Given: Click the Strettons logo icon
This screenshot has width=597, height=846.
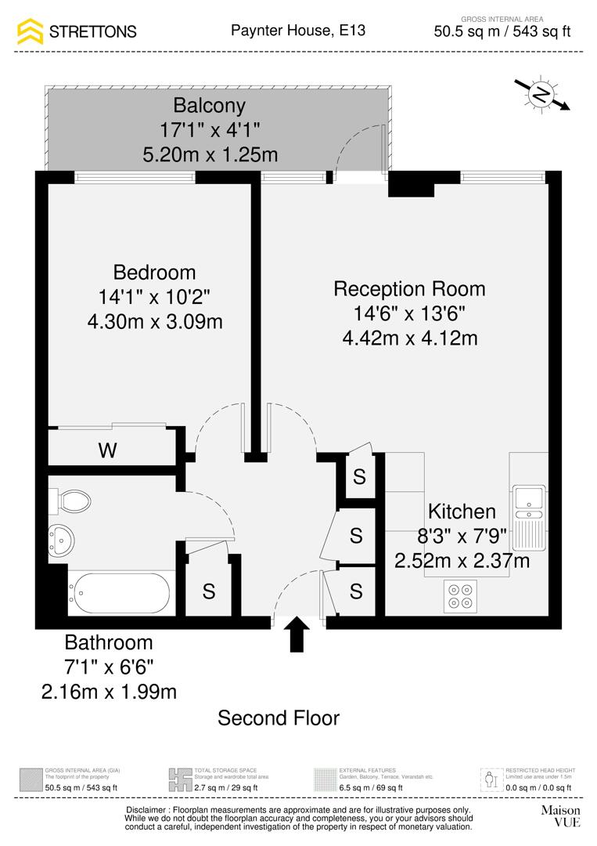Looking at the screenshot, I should click(x=31, y=31).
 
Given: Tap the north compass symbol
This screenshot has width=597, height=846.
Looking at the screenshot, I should click(x=541, y=95).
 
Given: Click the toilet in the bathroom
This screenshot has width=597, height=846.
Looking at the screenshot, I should click(x=72, y=499).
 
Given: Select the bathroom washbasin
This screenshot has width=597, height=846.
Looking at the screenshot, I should click(x=61, y=538).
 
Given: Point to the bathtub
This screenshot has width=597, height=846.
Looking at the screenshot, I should click(x=118, y=594).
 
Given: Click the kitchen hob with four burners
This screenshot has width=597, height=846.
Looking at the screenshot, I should click(x=458, y=595).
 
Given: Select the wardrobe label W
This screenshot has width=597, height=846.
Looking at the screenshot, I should click(x=108, y=450).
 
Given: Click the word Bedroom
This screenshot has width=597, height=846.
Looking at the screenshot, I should click(x=154, y=273).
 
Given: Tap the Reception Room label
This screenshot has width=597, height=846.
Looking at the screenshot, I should click(x=409, y=288).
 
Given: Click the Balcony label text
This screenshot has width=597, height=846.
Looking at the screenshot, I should click(x=209, y=105).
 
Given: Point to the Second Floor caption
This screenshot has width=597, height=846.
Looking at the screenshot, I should click(x=279, y=718).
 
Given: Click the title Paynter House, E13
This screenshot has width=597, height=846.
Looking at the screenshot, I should click(x=298, y=31).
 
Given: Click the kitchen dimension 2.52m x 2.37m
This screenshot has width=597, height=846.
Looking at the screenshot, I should click(x=462, y=561).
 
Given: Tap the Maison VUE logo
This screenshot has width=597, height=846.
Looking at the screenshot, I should click(x=560, y=815).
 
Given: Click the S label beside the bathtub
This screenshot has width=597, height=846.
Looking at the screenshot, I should click(x=209, y=592).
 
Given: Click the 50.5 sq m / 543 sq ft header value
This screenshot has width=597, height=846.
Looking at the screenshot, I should click(x=502, y=32).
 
